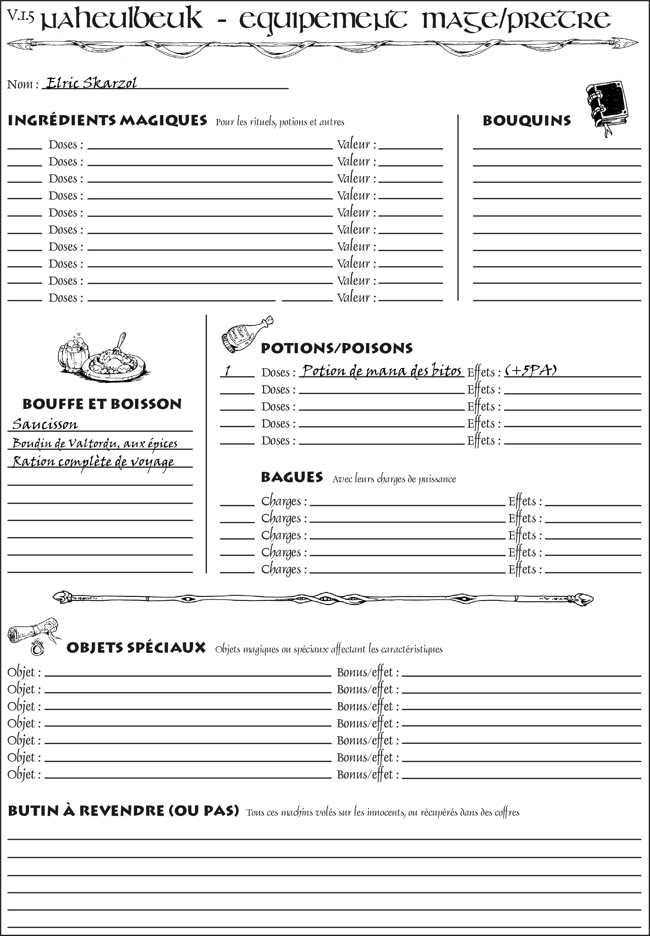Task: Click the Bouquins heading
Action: coord(527,121)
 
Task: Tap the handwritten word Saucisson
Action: coord(45,424)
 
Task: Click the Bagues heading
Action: coord(292,477)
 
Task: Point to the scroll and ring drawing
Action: coord(34,636)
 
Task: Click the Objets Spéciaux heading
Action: coord(136,648)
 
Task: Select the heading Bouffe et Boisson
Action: coord(102,404)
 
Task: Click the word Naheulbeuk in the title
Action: coord(122,19)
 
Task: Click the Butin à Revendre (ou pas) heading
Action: coord(123,810)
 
